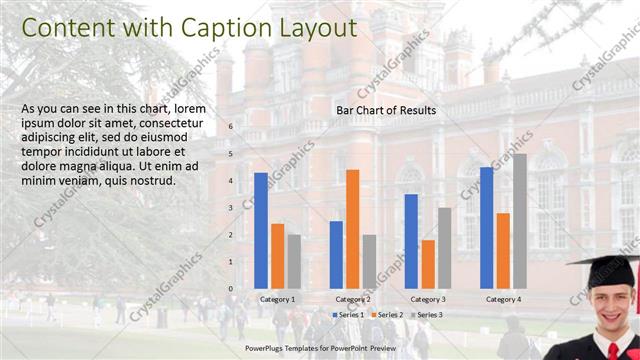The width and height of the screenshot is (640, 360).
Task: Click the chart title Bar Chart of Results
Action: click(x=385, y=110)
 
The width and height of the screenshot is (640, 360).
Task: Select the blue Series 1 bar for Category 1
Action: click(x=261, y=230)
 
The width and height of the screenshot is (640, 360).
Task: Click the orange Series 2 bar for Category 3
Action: click(x=428, y=263)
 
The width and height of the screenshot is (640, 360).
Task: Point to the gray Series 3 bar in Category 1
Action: click(x=293, y=261)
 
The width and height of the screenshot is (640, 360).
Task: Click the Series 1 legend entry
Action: click(x=349, y=315)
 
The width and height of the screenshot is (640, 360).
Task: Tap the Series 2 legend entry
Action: click(x=387, y=315)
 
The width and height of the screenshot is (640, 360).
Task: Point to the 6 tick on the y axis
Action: click(x=230, y=127)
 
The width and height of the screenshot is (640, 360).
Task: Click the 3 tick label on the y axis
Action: click(x=230, y=208)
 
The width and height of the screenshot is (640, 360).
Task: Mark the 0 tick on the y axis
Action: click(x=230, y=289)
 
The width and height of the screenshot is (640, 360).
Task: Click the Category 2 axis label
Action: click(x=352, y=300)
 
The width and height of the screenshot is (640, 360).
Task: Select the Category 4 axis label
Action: click(x=503, y=300)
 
